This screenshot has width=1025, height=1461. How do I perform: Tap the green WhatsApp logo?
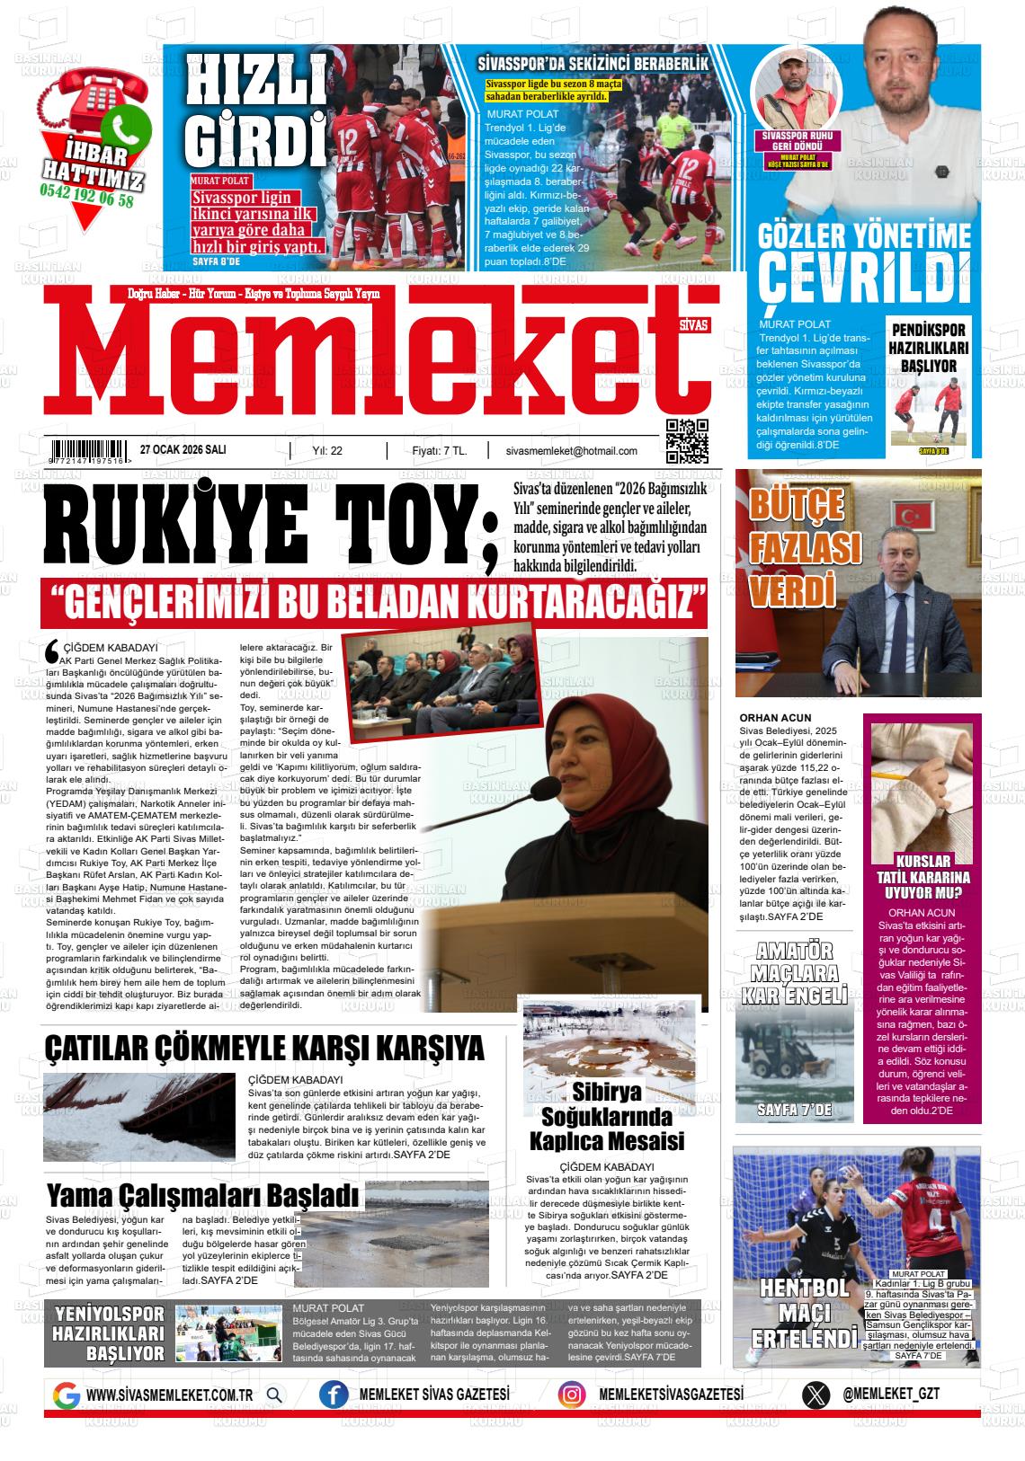pyautogui.click(x=125, y=125)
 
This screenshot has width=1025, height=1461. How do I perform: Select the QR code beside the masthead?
pyautogui.click(x=687, y=441)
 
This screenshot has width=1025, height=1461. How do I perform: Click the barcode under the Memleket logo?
pyautogui.click(x=89, y=451)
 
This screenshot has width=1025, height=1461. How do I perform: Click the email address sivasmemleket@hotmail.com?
pyautogui.click(x=572, y=451)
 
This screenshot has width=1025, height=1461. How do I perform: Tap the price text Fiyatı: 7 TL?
pyautogui.click(x=439, y=451)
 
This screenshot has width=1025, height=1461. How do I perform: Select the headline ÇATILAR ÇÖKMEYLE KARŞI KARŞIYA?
pyautogui.click(x=264, y=1049)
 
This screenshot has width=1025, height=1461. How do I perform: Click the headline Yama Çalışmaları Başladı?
pyautogui.click(x=203, y=1196)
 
